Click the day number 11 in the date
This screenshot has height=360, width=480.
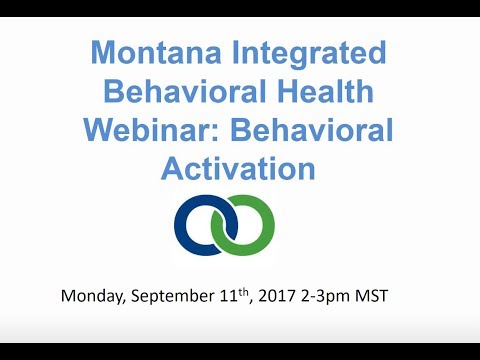tap(241, 296)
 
